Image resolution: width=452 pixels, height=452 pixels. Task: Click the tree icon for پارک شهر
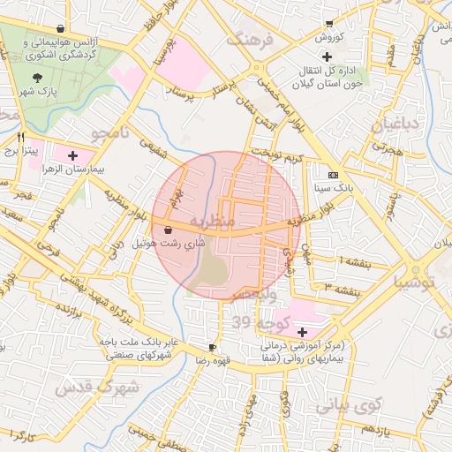point(36,77)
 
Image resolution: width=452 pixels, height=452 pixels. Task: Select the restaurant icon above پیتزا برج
point(21,137)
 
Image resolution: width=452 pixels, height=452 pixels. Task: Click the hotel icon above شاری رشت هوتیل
point(168,229)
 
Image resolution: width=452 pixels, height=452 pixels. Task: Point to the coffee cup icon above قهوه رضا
point(212,347)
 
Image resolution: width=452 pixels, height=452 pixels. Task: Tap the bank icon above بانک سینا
point(332,175)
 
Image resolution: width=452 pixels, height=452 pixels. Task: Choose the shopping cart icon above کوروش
point(328,24)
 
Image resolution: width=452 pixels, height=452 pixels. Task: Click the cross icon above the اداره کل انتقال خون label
point(327,56)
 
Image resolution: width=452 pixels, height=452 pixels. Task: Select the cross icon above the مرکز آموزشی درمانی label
point(304,332)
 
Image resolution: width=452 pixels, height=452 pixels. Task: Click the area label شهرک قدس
point(97,388)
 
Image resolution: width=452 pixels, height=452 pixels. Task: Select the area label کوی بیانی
point(348,405)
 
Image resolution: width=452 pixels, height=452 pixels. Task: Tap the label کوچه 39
point(230,324)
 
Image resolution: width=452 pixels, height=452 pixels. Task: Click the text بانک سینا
point(333,188)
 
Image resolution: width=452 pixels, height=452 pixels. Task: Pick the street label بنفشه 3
point(340,288)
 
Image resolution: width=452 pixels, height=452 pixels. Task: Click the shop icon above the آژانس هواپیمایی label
point(59,28)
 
